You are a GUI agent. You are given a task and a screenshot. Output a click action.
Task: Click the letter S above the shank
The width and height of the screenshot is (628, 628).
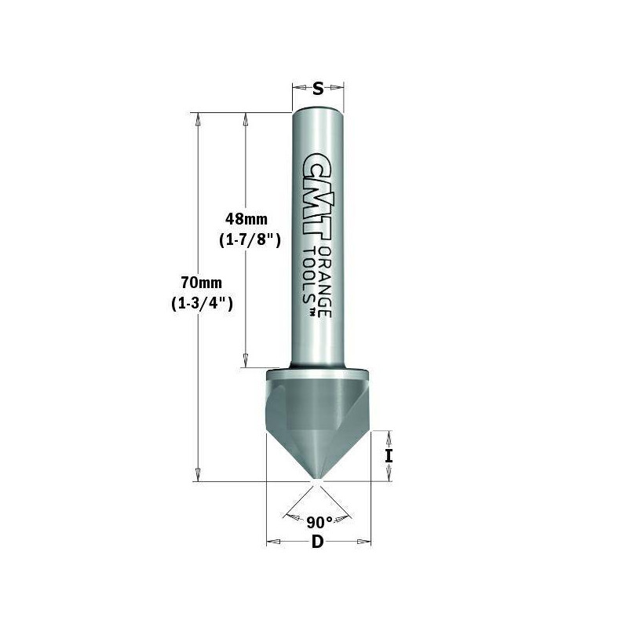pyautogui.click(x=318, y=89)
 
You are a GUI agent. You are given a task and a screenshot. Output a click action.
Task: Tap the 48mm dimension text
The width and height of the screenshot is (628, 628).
pyautogui.click(x=246, y=219)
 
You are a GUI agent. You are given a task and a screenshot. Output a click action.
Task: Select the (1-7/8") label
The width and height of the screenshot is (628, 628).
pyautogui.click(x=250, y=240)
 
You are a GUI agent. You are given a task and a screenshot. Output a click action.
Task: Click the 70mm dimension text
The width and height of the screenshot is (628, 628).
pyautogui.click(x=202, y=283)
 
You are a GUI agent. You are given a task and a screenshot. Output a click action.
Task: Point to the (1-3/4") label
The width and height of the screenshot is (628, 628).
pyautogui.click(x=202, y=303)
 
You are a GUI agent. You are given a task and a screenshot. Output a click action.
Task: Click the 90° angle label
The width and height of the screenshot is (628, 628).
pyautogui.click(x=319, y=522)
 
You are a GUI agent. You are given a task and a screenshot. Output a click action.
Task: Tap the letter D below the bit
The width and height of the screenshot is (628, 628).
pyautogui.click(x=317, y=542)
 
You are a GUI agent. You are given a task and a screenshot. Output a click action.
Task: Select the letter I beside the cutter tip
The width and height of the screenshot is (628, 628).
pyautogui.click(x=389, y=456)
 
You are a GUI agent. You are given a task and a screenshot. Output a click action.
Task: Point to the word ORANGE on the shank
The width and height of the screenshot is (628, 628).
pyautogui.click(x=326, y=281)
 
